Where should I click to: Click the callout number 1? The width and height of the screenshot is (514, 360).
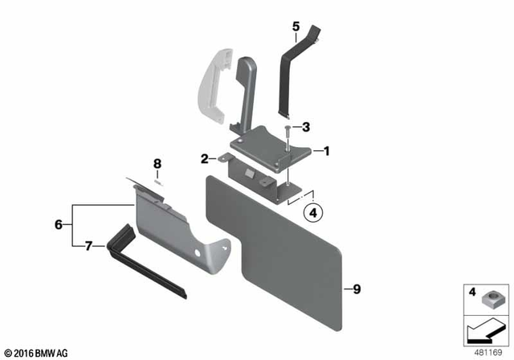tap(326, 150)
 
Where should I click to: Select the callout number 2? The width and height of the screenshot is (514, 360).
tap(205, 158)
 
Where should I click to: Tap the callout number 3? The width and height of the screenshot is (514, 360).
tap(305, 127)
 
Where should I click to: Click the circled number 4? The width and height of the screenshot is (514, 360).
tap(312, 214)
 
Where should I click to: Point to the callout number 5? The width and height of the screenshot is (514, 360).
tap(296, 27)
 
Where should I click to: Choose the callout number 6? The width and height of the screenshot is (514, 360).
tap(58, 225)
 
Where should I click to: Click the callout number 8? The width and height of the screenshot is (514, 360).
tap(157, 163)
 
